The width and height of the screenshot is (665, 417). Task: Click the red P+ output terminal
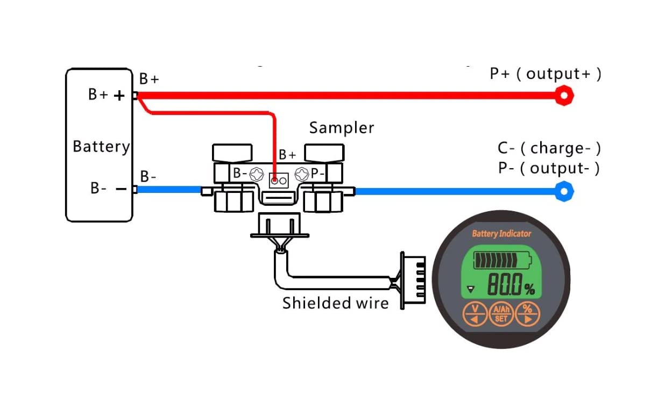[x=564, y=96]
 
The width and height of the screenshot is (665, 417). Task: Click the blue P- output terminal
[x=564, y=191]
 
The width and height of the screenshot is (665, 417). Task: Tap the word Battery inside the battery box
[x=101, y=146]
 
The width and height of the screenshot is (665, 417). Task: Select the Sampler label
[x=341, y=128]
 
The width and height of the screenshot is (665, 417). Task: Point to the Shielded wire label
[x=335, y=303]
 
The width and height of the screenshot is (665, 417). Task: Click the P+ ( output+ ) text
[x=545, y=74]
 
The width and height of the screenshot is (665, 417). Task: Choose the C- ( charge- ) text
[x=549, y=148]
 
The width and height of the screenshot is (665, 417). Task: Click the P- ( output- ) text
[x=548, y=168]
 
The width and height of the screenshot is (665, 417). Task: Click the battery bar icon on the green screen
[x=501, y=261]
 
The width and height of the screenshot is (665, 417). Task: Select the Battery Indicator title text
[x=501, y=233]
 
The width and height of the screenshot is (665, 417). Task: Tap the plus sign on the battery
[x=119, y=96]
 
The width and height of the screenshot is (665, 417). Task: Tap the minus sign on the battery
[x=121, y=189]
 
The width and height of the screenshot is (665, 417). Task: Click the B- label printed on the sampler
[x=239, y=174]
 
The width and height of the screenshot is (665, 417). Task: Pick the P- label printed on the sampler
[x=318, y=174]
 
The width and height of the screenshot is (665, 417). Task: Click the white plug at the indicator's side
[x=413, y=281]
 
